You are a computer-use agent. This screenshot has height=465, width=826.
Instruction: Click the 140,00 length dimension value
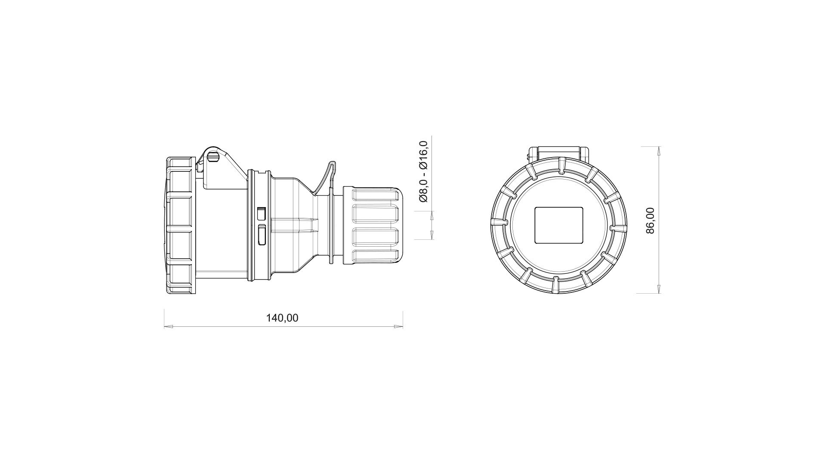282,318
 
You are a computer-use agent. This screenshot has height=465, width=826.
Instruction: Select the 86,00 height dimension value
650,220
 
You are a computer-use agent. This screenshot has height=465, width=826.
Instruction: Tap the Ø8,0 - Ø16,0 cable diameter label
423,171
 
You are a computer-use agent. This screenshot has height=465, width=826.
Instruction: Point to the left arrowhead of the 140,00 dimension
168,327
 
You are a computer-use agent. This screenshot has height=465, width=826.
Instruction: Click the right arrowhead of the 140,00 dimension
398,327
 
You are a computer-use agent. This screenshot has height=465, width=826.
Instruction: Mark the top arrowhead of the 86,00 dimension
659,151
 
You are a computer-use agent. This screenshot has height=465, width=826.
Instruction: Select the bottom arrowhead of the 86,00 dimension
659,289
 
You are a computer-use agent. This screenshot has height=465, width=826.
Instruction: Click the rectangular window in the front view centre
558,225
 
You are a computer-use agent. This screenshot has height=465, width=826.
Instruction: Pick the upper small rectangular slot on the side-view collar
261,213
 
